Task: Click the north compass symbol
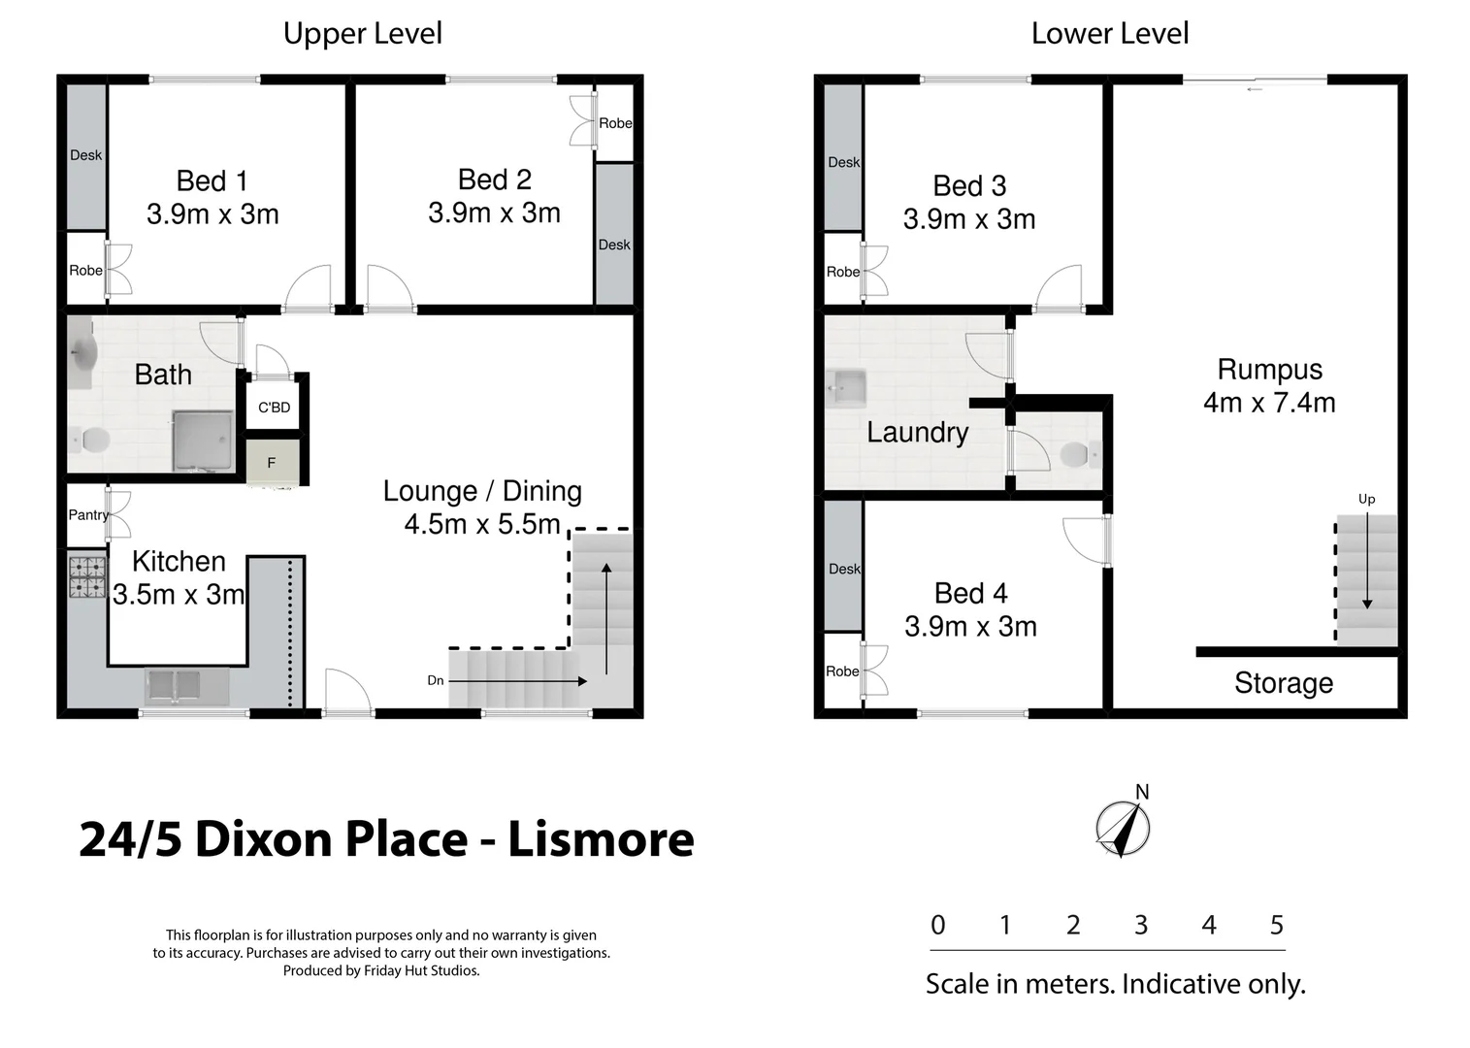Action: point(1123,829)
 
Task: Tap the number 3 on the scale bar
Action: point(1141,925)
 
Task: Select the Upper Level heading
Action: point(362,34)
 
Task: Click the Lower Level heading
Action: point(1109,34)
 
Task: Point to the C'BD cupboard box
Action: point(274,408)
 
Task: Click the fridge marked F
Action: point(272,463)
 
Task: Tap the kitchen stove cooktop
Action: point(87,576)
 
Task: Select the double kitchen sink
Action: point(186,686)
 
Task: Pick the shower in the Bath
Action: point(203,442)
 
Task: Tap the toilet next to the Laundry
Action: point(1077,453)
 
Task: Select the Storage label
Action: point(1283,683)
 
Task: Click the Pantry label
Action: point(87,515)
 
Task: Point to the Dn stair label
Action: point(436,680)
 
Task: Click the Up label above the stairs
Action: point(1366,499)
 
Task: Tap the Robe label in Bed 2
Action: point(615,123)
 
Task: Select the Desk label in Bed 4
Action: point(844,569)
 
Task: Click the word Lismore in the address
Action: point(601,839)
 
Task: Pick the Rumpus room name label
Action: point(1269,370)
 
